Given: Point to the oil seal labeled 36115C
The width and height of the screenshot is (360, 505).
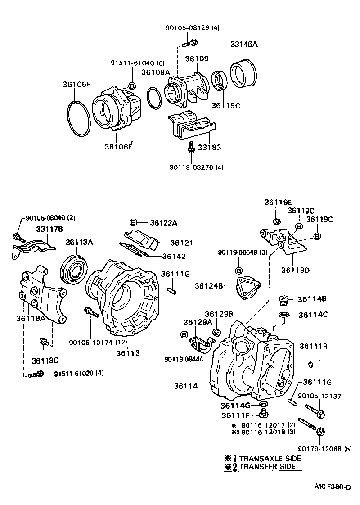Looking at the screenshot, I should point(220,83).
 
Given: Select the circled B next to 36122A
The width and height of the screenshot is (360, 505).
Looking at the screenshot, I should point(134,222).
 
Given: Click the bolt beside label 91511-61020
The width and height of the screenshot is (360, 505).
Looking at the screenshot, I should point(35,374).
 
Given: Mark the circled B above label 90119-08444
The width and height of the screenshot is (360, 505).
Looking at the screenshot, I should point(184,334).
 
